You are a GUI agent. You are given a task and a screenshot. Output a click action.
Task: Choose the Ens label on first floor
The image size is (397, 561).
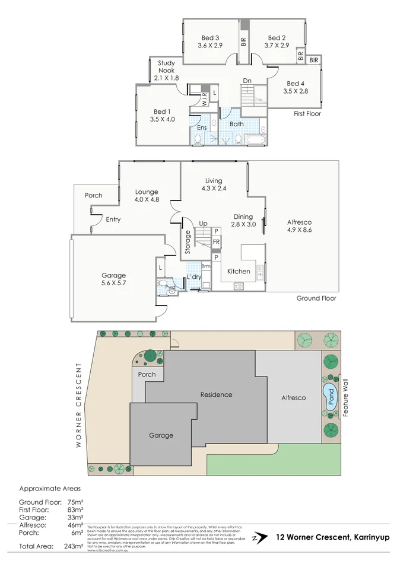click(x=202, y=128)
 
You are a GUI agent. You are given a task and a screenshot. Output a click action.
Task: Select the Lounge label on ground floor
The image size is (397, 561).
click(x=147, y=192)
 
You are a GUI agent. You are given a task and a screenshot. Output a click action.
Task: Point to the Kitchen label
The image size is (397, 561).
click(x=239, y=272)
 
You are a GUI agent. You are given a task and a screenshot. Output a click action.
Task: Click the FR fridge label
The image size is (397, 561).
click(x=217, y=242)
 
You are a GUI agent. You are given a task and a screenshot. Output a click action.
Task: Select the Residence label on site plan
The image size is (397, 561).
click(x=216, y=394)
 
